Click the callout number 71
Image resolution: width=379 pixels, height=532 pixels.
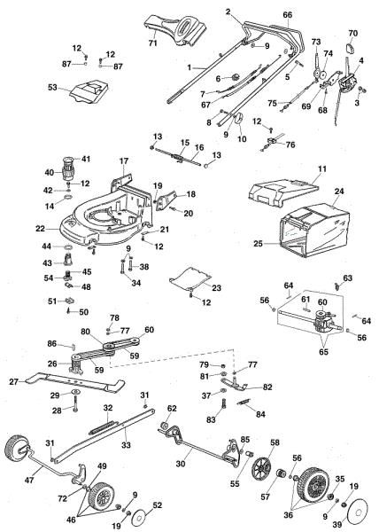tap(151, 43)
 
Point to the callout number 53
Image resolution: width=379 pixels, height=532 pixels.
tap(51, 88)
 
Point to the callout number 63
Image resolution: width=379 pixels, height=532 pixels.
tap(347, 278)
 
